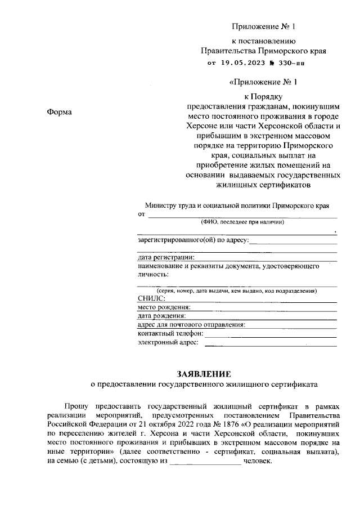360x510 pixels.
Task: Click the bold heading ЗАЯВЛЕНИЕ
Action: coord(204,374)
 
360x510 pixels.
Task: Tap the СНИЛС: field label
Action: coord(151,298)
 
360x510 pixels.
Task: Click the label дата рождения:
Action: coord(161,316)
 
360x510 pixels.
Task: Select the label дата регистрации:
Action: coord(166,257)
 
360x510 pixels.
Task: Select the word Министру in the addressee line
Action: coord(161,205)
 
